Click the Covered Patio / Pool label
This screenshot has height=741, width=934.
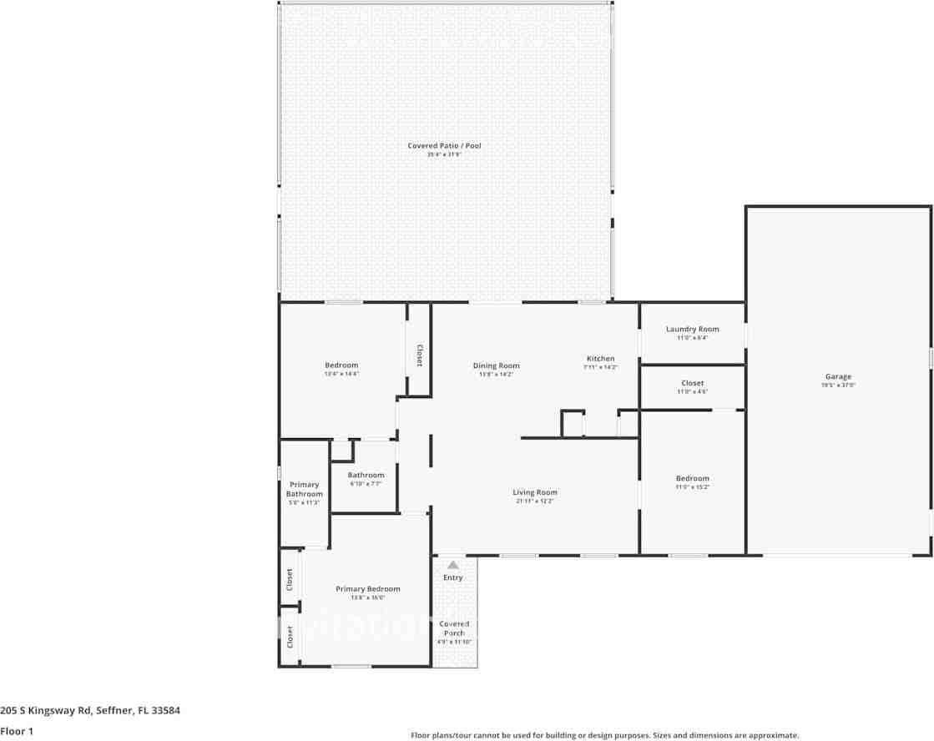point(444,146)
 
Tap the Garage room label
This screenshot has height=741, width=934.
point(838,376)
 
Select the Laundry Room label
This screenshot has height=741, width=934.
point(692,329)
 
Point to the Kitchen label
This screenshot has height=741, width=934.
point(600,359)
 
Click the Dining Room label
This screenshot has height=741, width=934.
point(496,365)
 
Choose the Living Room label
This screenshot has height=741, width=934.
point(535,492)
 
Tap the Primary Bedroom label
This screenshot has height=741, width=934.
point(367,589)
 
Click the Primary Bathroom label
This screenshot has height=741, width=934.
point(304,489)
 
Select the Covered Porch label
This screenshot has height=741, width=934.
point(454,628)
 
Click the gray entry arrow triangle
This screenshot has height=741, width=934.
point(452,565)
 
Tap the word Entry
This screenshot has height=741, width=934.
point(452,577)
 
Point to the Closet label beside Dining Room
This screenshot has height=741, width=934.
point(419,355)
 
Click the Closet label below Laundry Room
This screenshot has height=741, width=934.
point(692,383)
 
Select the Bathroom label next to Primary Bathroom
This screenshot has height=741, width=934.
point(366,475)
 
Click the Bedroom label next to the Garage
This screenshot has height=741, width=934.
point(692,478)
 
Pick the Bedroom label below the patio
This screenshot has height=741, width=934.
point(341,365)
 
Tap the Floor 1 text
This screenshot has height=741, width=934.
point(17,731)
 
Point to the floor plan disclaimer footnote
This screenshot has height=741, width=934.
point(604,735)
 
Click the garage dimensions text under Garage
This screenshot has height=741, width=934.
point(838,386)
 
